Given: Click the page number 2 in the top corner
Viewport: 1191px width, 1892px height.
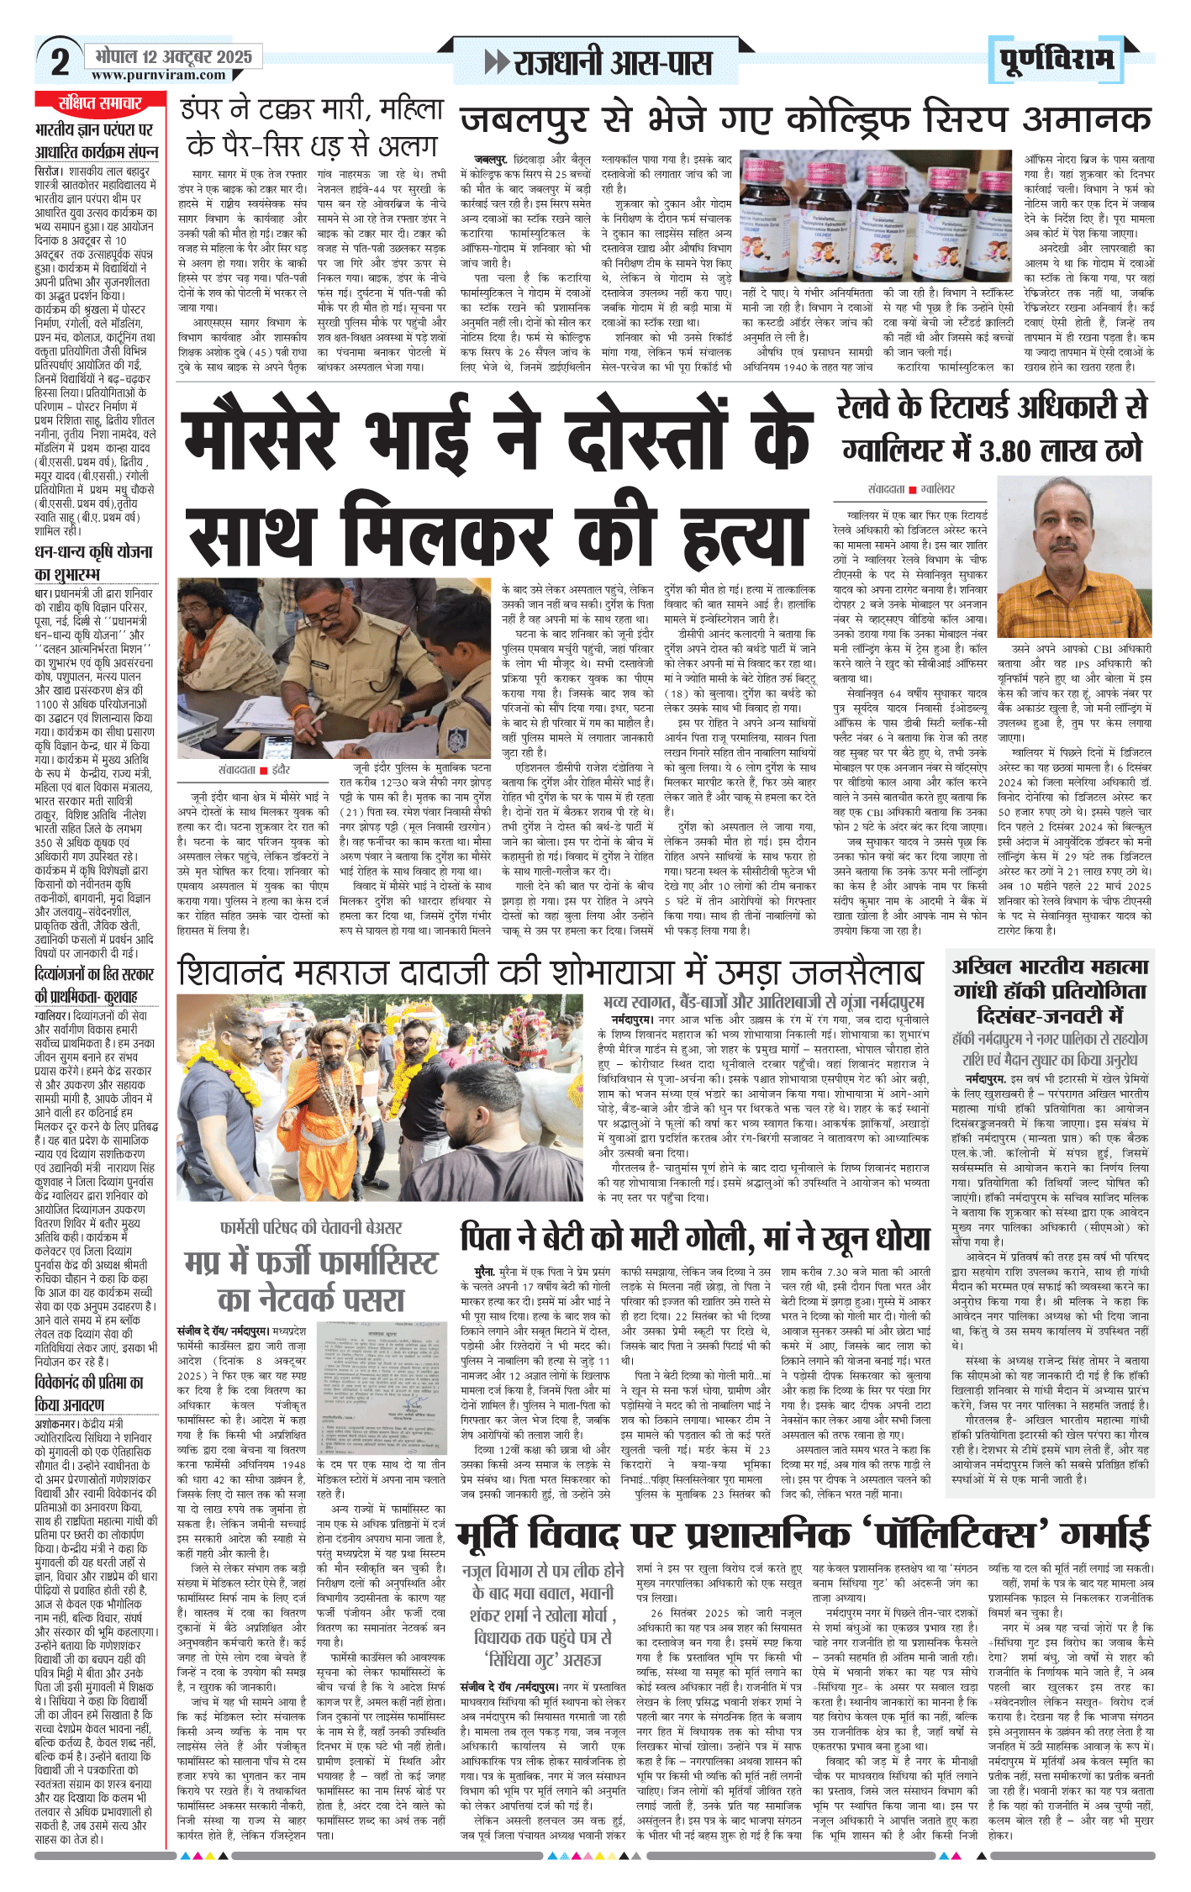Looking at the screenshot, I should (59, 61).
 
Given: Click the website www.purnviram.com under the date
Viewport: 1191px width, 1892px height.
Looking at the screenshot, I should (158, 76).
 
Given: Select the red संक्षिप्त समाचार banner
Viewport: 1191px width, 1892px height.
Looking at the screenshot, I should (99, 103).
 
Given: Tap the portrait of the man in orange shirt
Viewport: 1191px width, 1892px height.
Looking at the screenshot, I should (1073, 555).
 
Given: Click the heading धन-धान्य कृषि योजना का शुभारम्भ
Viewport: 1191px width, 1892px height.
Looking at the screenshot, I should (93, 562).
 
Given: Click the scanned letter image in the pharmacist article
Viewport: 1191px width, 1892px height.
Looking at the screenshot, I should (382, 1386).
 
